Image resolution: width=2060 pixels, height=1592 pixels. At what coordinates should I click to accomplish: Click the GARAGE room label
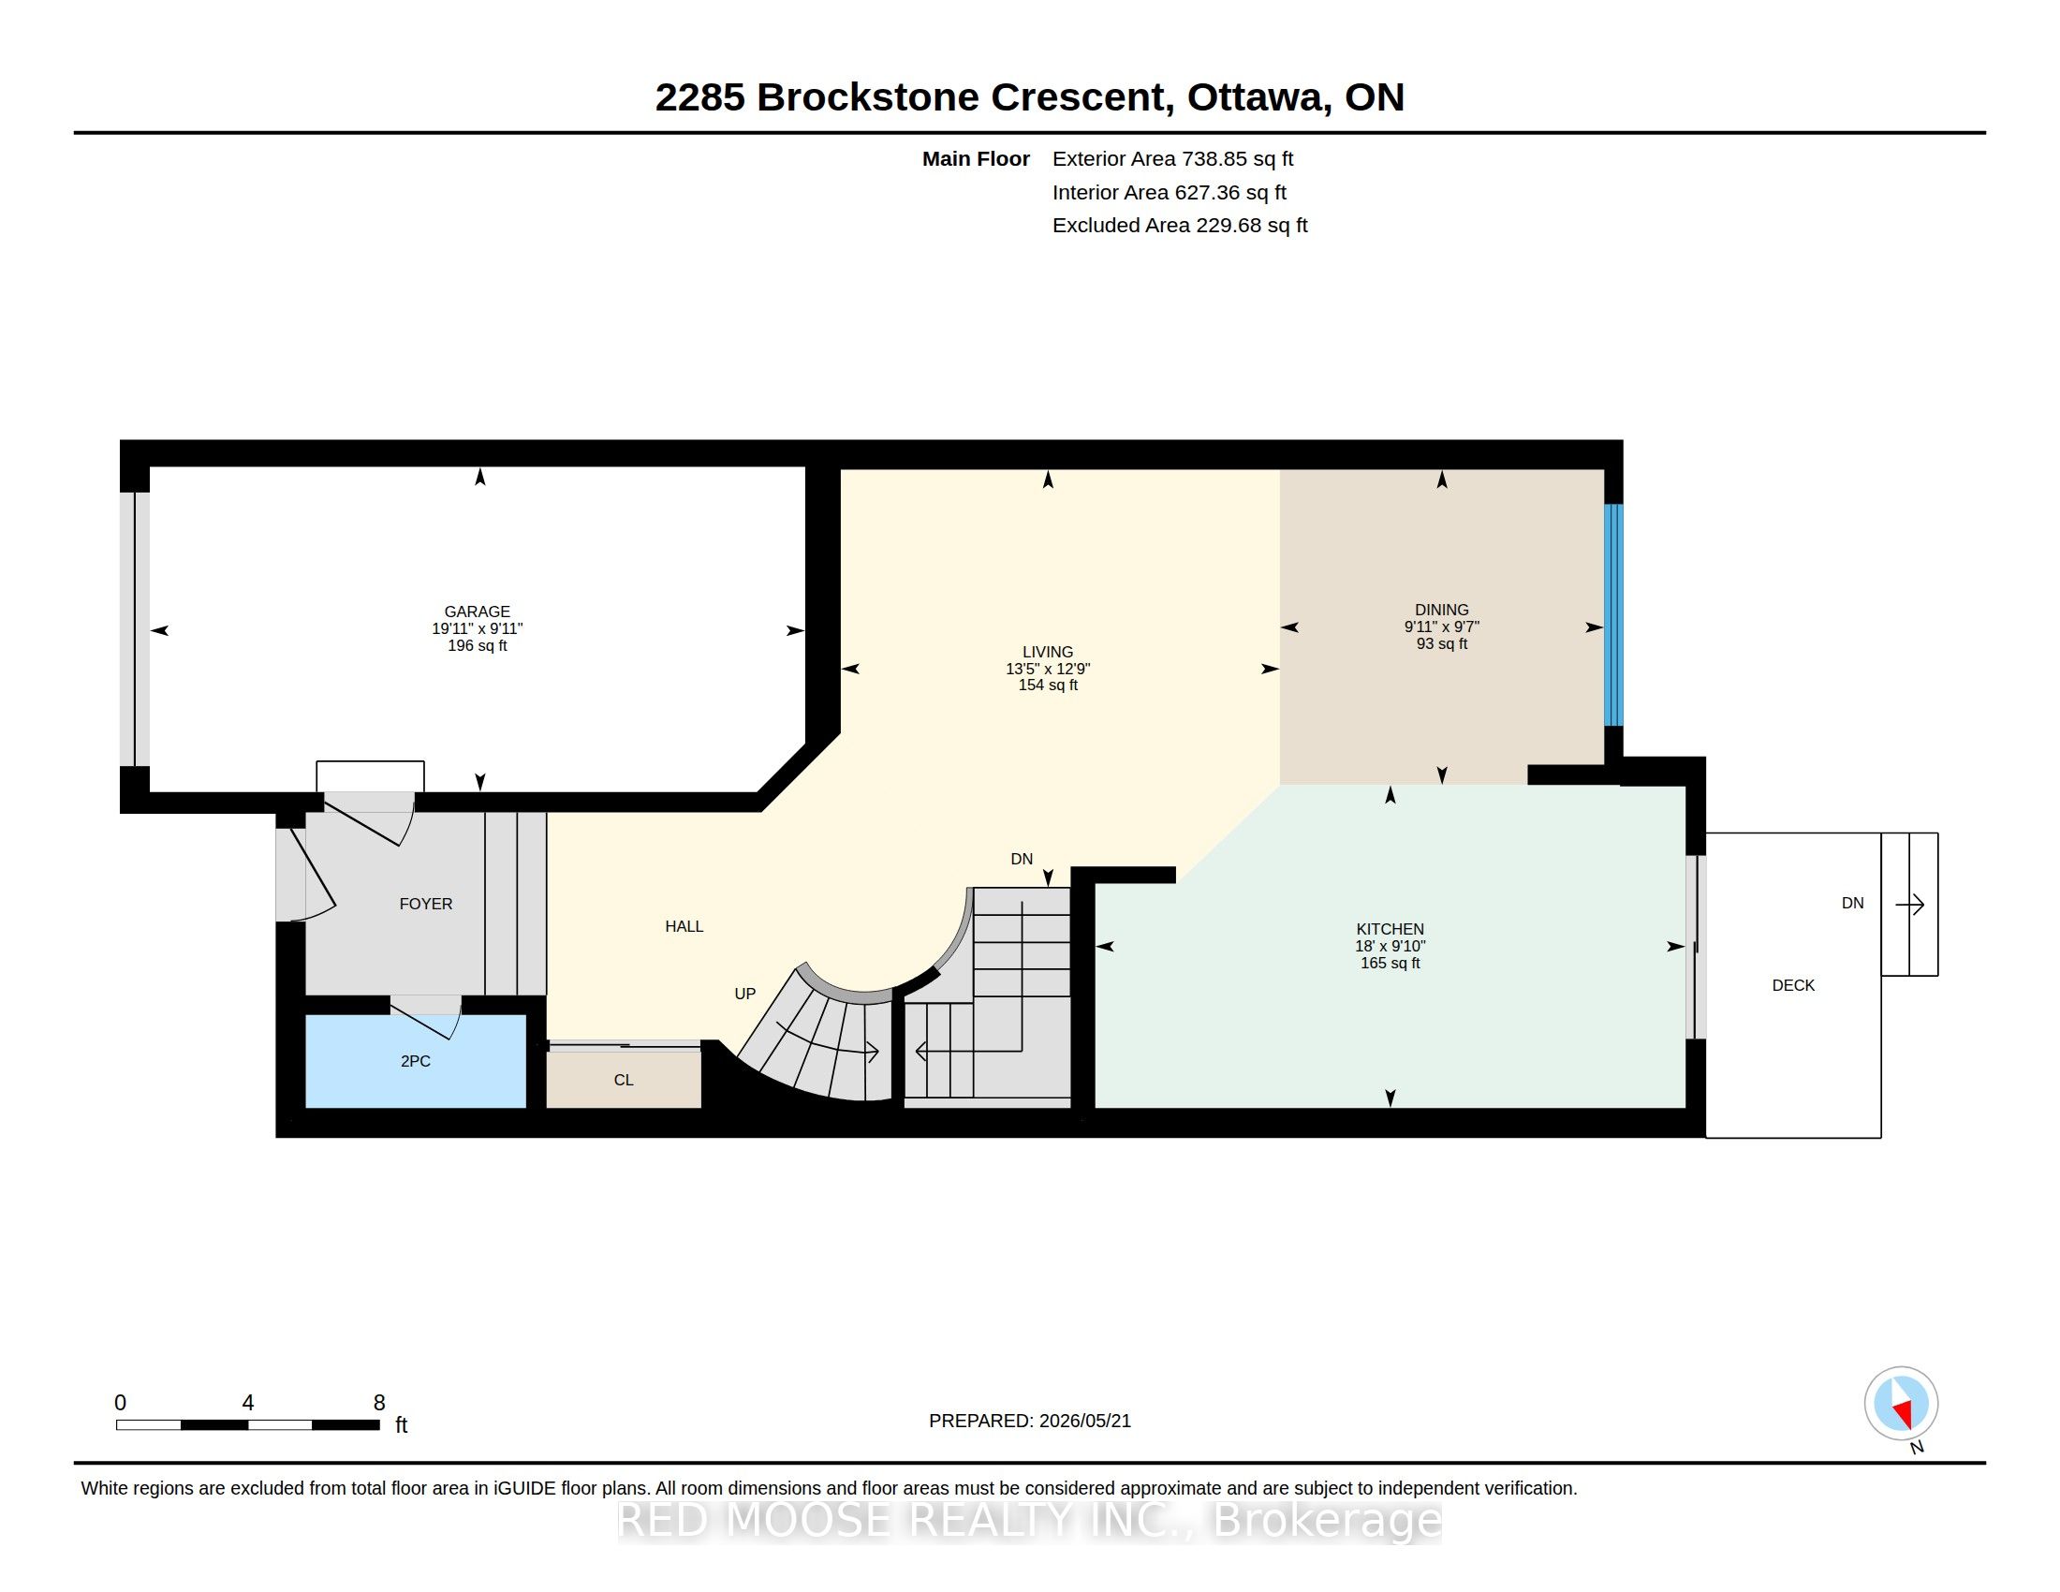478,612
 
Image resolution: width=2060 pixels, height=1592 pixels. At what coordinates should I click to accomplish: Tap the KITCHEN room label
1390,929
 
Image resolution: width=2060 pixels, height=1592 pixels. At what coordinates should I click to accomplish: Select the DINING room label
1441,610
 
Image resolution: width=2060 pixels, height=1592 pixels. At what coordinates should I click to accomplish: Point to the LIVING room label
1047,652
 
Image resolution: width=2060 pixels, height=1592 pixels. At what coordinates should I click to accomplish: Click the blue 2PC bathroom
416,1061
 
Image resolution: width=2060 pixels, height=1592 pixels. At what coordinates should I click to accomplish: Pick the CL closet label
624,1080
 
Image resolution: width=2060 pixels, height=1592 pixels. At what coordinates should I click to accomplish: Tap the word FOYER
425,904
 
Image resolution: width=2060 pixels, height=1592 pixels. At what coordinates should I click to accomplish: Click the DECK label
1793,985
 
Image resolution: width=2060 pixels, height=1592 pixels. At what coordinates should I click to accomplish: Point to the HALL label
684,926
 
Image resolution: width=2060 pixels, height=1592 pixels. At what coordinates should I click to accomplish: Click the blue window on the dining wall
1614,615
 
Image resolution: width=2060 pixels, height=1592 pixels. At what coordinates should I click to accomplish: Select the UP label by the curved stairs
745,993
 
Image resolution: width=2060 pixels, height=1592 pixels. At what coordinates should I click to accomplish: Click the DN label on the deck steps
1852,903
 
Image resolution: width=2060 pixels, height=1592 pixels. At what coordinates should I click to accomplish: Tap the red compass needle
1903,1413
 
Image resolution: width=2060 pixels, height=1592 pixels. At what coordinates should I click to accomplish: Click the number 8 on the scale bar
379,1403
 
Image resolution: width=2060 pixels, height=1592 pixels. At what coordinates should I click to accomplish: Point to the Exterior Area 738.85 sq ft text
1172,158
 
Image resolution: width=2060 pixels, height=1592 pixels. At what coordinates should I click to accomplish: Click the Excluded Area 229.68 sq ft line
1180,226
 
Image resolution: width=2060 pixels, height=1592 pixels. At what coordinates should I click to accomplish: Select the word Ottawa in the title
1259,97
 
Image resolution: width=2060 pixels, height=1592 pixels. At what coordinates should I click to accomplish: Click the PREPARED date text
1030,1421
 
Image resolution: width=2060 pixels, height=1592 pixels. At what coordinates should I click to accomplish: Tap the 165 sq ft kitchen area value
1390,963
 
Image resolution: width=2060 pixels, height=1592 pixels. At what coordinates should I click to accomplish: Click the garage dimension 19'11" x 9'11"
478,628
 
